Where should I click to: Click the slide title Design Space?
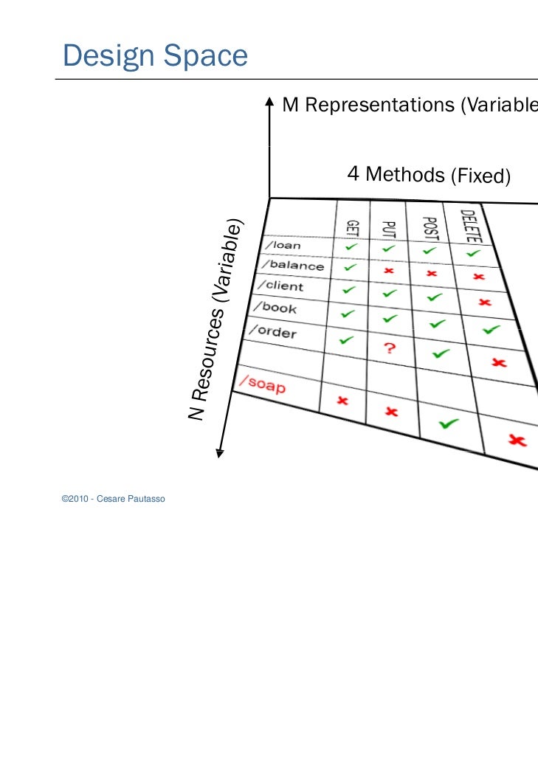point(155,55)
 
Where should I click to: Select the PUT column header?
point(390,227)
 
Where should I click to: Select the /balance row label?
point(290,265)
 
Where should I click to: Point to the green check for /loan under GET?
point(353,248)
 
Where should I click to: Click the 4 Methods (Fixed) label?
point(429,176)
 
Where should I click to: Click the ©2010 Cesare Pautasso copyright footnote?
point(114,500)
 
